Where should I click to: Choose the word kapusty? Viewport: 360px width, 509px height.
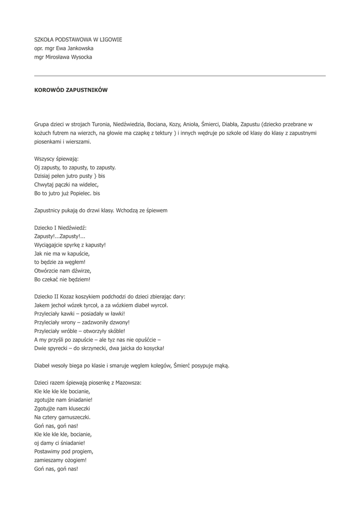(x=94, y=245)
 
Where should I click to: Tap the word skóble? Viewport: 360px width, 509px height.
(x=114, y=331)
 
